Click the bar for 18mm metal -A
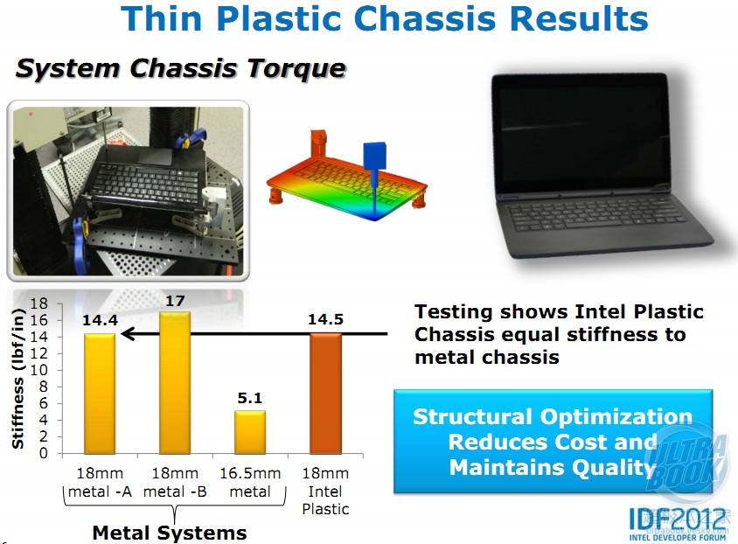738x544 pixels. [x=100, y=394]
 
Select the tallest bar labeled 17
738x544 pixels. [x=175, y=382]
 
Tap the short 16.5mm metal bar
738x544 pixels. [x=250, y=432]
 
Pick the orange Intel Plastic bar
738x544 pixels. [x=325, y=394]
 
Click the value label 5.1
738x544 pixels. [x=250, y=398]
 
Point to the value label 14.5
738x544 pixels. [x=325, y=319]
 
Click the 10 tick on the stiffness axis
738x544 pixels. [x=39, y=370]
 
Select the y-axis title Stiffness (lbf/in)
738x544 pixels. [x=17, y=379]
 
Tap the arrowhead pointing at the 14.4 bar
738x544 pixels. [x=128, y=334]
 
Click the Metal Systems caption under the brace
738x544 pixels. [x=170, y=534]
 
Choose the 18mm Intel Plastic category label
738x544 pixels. [x=325, y=491]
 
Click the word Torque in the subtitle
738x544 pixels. [x=296, y=69]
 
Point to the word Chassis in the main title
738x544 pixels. [x=425, y=19]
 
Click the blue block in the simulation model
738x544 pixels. [x=374, y=156]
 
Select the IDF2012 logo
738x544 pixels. [x=678, y=523]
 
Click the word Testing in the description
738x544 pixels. [x=453, y=313]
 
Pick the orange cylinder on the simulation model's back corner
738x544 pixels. [x=319, y=143]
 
